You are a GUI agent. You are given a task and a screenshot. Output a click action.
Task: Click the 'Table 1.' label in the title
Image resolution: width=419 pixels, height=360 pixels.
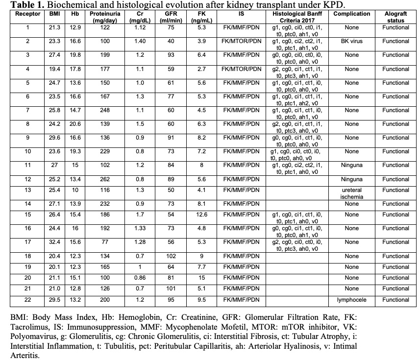20,5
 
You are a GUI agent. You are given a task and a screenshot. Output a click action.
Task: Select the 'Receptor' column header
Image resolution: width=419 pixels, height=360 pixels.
28,14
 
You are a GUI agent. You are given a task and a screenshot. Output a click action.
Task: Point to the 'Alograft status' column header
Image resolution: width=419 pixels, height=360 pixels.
396,17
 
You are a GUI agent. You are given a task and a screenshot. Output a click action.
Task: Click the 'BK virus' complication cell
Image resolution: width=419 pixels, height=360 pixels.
351,41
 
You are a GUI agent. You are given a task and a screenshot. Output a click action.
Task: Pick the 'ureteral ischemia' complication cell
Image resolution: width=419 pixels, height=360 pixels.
351,193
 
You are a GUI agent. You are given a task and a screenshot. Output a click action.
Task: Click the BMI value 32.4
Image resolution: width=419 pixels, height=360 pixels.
55,242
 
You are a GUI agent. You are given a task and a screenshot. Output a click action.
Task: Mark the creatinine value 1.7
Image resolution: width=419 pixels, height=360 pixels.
140,215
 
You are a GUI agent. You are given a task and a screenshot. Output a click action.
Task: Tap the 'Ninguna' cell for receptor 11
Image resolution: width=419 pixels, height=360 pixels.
351,166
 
